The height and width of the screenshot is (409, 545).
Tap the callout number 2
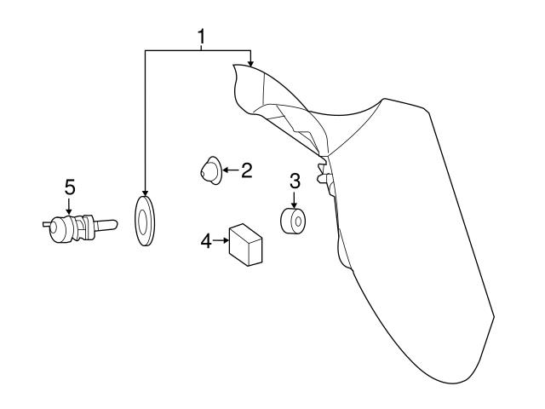click(x=245, y=171)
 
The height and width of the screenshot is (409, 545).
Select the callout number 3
click(x=295, y=181)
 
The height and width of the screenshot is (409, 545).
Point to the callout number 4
click(x=204, y=242)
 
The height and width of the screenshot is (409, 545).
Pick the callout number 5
click(x=70, y=185)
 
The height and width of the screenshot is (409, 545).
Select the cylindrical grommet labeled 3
click(x=294, y=222)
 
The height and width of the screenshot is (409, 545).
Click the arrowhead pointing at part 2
click(x=223, y=171)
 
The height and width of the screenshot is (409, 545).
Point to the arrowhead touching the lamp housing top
click(x=250, y=62)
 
